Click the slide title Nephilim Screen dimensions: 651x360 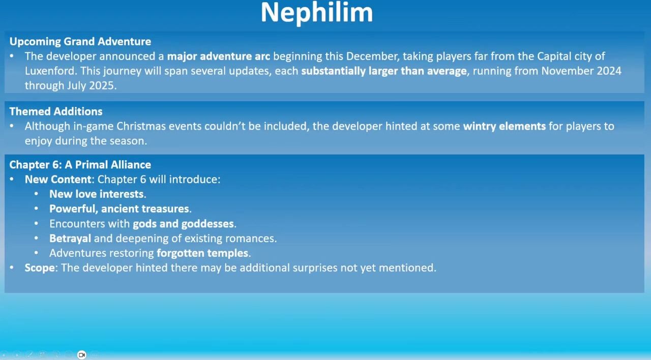[317, 13]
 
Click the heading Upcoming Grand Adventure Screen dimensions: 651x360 [80, 42]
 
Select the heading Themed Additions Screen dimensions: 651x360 [56, 111]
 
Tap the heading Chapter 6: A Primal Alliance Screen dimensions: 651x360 [80, 165]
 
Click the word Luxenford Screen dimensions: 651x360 [51, 71]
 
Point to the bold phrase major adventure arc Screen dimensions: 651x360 [219, 56]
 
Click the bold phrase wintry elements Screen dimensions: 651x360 [504, 127]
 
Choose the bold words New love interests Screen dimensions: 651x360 [97, 194]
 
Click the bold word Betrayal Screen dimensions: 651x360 [70, 238]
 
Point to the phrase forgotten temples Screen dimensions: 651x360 [202, 253]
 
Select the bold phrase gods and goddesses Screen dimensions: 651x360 [184, 224]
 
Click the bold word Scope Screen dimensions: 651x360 [40, 268]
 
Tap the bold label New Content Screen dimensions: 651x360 [58, 179]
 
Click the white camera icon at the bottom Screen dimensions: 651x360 [82, 355]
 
